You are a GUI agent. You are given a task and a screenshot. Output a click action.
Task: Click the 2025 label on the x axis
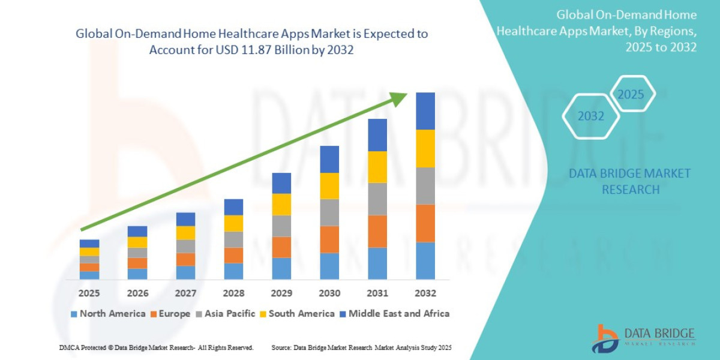click(x=89, y=293)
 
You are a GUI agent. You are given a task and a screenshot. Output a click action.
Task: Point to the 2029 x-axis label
click(x=281, y=293)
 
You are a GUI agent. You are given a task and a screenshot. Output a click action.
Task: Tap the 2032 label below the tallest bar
click(x=425, y=293)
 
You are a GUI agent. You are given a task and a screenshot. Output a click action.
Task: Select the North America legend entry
click(x=108, y=313)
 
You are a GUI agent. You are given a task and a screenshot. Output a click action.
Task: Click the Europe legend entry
click(x=170, y=313)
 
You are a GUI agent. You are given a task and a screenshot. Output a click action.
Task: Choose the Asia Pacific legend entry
click(x=226, y=313)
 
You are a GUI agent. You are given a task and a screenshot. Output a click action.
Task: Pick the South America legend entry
click(x=296, y=313)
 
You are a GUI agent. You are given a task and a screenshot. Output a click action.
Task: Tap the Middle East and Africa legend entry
click(x=394, y=313)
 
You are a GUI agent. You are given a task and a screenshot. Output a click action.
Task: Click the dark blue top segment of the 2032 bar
click(x=425, y=111)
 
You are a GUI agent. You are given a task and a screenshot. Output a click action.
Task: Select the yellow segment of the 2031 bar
click(x=377, y=167)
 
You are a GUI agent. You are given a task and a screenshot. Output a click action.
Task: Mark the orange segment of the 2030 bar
click(x=329, y=239)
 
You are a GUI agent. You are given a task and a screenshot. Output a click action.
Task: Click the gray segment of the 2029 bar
click(x=281, y=226)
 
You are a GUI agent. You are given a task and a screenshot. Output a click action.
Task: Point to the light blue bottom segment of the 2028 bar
click(x=233, y=271)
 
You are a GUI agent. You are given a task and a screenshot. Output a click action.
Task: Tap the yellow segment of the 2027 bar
click(x=185, y=233)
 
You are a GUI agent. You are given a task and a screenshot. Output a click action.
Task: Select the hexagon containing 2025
click(x=631, y=94)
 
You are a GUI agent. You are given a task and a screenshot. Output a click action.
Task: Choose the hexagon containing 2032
click(x=591, y=116)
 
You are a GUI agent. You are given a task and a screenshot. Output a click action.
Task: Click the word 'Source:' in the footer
click(x=282, y=348)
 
